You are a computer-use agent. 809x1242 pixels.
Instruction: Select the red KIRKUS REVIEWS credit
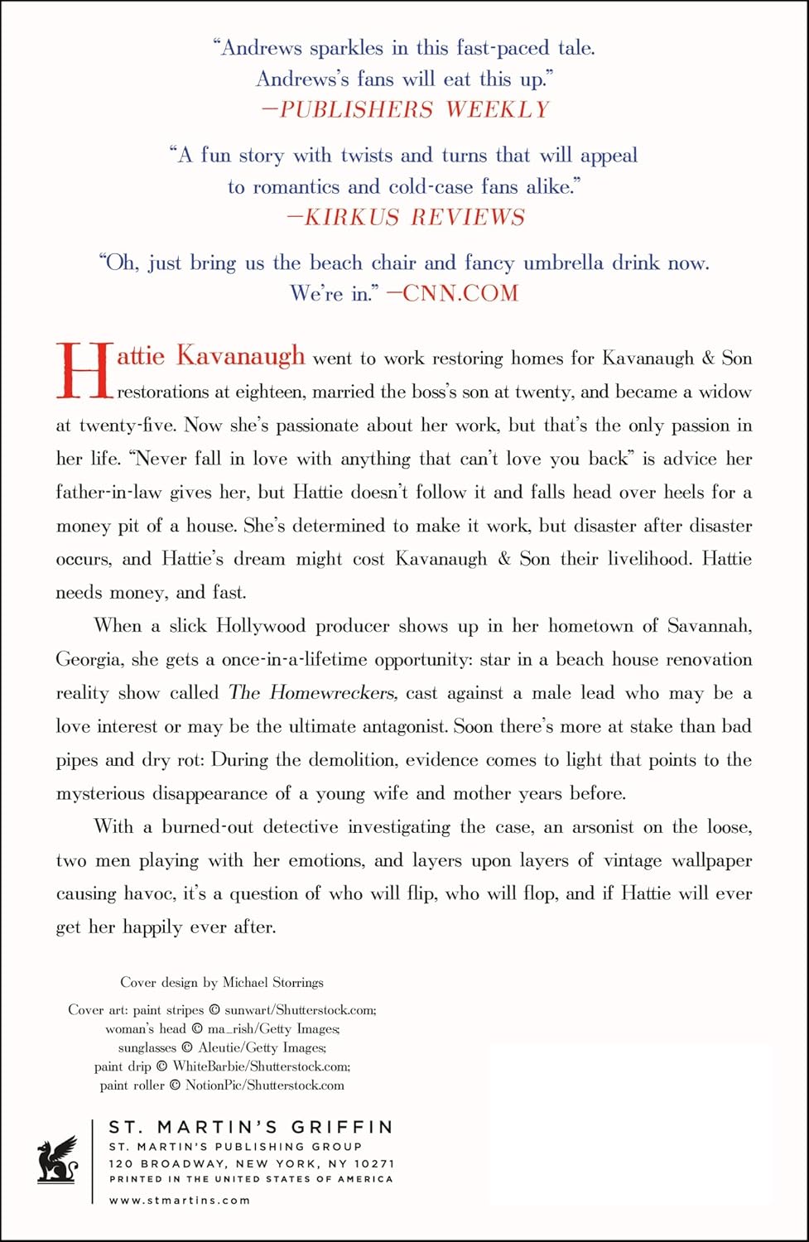406,217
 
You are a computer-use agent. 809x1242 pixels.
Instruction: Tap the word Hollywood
260,626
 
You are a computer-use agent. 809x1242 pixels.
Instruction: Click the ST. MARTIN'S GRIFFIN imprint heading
251,1127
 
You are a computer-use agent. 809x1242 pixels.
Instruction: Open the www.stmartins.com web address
179,1200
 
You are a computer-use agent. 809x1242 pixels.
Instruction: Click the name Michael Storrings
273,983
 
